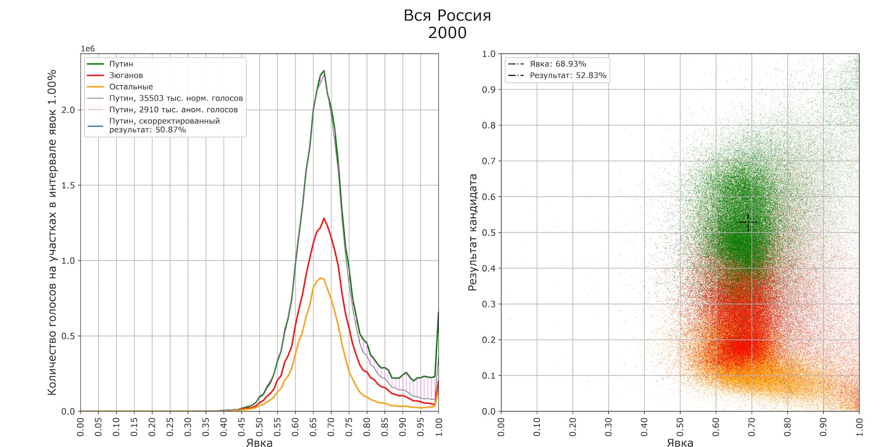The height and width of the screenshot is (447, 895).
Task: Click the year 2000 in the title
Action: tap(447, 33)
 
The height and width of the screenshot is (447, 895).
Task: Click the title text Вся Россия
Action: tap(447, 16)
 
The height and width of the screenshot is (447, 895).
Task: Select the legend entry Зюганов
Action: tap(126, 75)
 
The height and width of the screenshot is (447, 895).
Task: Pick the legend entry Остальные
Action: tap(131, 87)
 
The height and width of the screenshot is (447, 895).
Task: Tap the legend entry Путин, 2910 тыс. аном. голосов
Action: tap(173, 110)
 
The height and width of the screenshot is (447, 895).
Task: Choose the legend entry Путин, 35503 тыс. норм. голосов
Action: tap(176, 98)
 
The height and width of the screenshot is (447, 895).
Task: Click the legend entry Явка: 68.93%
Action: tap(558, 64)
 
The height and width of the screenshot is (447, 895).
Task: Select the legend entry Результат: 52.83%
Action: tap(568, 75)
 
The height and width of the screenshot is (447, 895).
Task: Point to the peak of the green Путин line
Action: tap(324, 71)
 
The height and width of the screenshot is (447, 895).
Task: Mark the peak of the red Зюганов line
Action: tap(324, 218)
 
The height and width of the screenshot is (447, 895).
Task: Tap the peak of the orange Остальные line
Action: tap(320, 278)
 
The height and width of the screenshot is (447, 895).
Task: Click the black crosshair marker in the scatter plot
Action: tap(748, 222)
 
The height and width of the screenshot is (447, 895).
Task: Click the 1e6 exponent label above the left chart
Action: tap(88, 49)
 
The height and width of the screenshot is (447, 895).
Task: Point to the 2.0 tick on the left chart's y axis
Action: tap(69, 110)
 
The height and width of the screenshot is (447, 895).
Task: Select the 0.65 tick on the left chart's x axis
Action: tap(313, 427)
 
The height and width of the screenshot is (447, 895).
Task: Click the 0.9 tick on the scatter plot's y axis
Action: tap(489, 89)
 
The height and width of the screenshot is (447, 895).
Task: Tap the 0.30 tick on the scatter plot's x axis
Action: tap(609, 427)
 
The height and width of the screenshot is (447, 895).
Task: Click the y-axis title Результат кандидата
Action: tap(473, 232)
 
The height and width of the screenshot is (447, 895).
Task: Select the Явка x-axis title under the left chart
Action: tap(259, 442)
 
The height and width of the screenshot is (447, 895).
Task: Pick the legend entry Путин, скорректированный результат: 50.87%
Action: tap(164, 125)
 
